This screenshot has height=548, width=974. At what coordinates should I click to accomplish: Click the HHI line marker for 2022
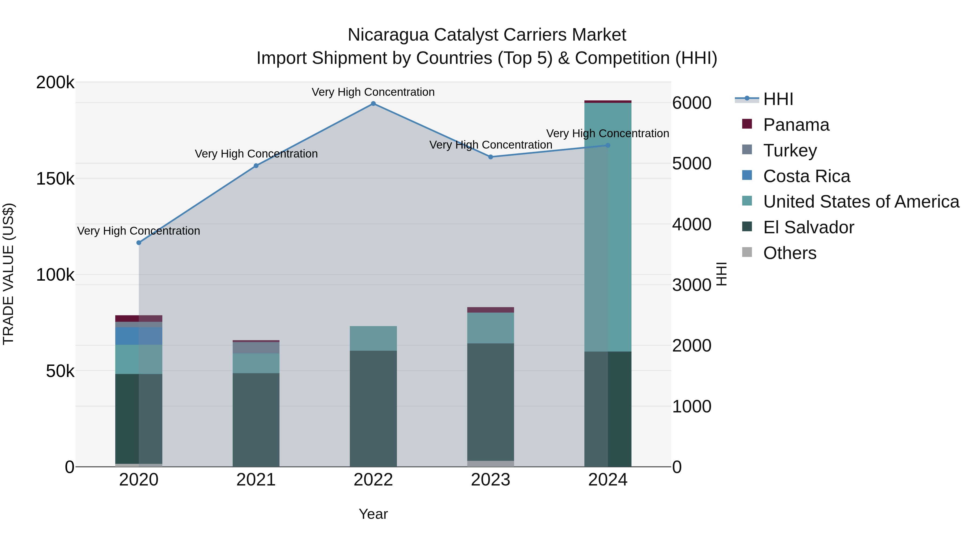coord(373,104)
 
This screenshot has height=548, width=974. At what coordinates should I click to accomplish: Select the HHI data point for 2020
coord(139,243)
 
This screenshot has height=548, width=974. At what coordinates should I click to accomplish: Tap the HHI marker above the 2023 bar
coord(491,157)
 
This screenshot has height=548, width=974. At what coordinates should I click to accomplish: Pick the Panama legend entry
coord(796,125)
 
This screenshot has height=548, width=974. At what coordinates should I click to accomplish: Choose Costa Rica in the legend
coord(807,176)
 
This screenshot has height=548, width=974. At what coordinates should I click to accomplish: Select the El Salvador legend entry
coord(808,228)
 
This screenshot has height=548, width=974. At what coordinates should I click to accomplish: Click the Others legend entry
coord(789,253)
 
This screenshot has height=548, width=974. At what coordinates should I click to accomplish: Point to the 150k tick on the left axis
coord(55,179)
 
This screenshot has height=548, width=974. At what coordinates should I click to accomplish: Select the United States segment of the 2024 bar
coord(608,227)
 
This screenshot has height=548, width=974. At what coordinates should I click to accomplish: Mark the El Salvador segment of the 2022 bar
coord(373,408)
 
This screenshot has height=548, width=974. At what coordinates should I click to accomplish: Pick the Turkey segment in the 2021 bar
coord(256,347)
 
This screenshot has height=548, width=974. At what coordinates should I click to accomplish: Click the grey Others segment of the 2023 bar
coord(491,464)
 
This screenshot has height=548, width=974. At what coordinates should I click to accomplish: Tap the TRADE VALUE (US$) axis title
coord(8,274)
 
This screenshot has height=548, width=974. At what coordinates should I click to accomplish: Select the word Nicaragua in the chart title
coord(388,35)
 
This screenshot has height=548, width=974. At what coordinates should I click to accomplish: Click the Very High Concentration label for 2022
coord(373,92)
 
